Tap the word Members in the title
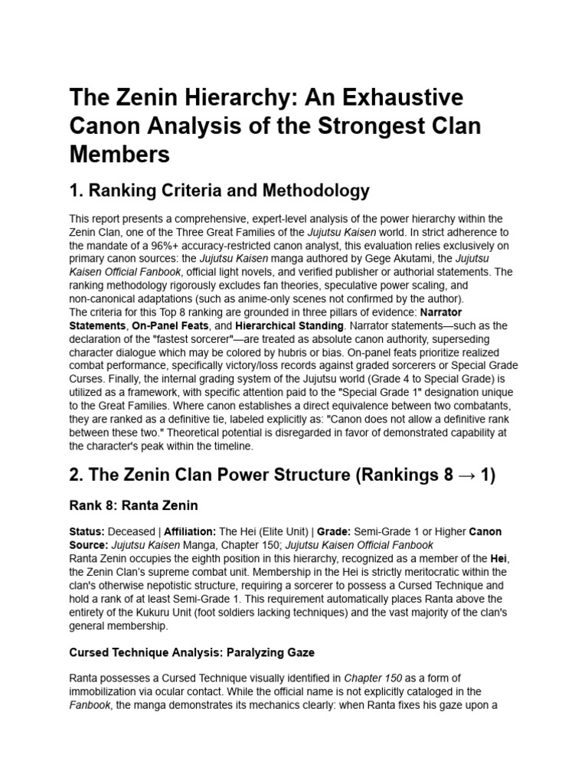tap(119, 154)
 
